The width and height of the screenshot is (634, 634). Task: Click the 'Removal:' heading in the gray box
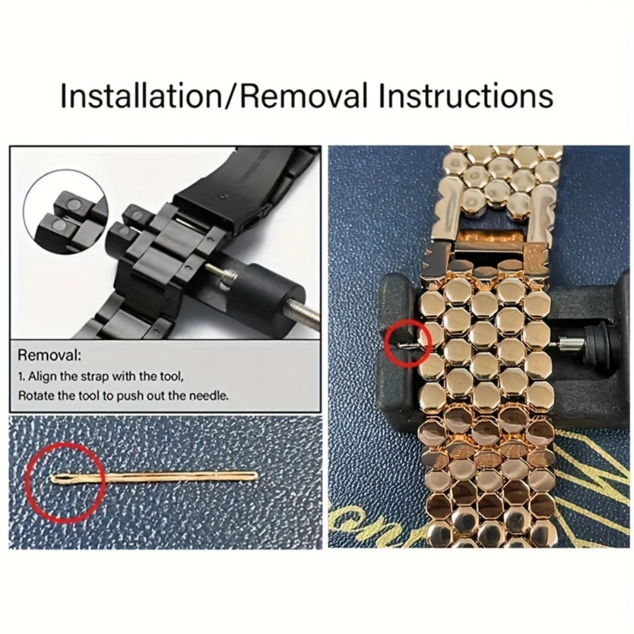(x=49, y=356)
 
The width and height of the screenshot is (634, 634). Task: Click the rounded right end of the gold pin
(x=255, y=475)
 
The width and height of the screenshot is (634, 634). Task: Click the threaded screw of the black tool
(x=303, y=313)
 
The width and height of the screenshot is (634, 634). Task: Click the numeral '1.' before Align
(x=22, y=377)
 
